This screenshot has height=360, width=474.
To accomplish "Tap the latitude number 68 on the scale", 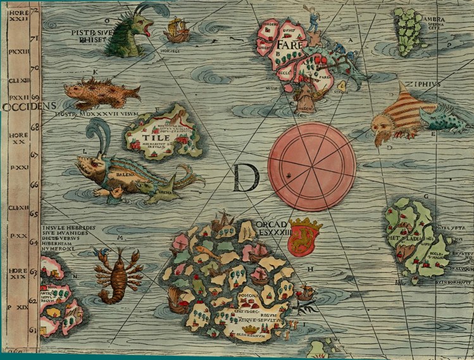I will click(x=34, y=127).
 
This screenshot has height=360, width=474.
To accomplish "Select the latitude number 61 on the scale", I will click(x=34, y=330).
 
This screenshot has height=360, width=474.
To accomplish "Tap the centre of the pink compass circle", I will click(x=311, y=167).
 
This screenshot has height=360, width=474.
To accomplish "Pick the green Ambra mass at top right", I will click(x=409, y=28).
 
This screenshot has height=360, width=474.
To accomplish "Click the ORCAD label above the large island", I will click(x=273, y=226).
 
